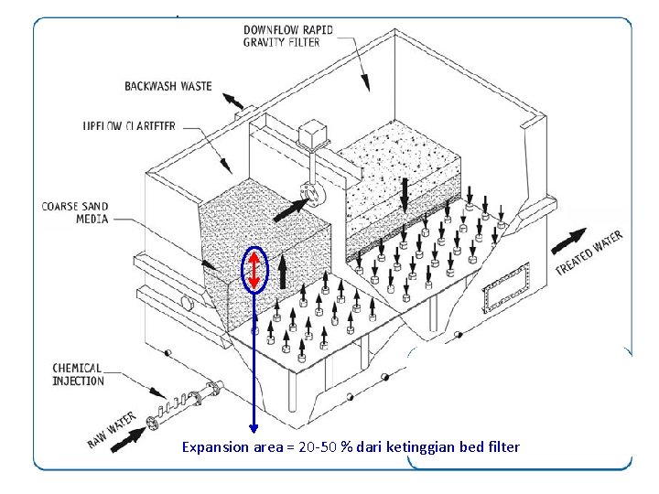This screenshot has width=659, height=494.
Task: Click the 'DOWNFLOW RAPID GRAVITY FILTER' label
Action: pyautogui.click(x=287, y=36)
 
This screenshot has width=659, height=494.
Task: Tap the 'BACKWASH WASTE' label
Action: pyautogui.click(x=167, y=86)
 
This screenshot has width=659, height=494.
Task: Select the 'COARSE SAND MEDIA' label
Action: pyautogui.click(x=75, y=212)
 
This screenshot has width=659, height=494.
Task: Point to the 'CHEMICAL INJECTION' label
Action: pyautogui.click(x=78, y=374)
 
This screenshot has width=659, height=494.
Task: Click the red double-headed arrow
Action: pyautogui.click(x=254, y=270)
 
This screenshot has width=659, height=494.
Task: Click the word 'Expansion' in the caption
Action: pyautogui.click(x=214, y=447)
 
